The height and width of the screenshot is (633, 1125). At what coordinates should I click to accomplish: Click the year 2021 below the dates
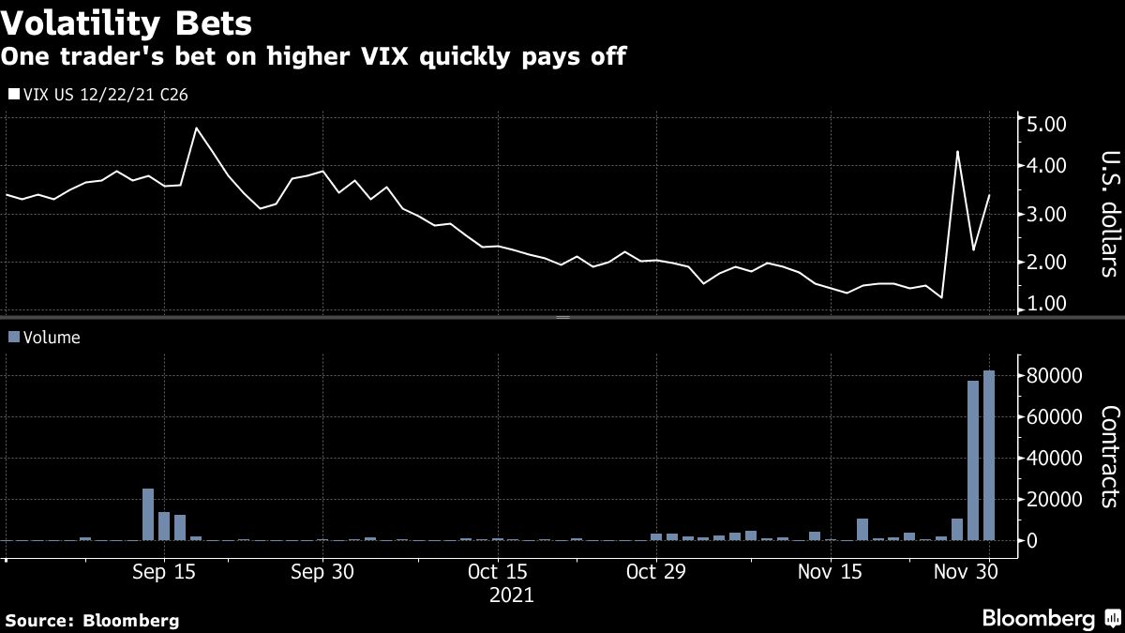(x=512, y=595)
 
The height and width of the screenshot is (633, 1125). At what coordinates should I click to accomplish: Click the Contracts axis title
(x=1110, y=457)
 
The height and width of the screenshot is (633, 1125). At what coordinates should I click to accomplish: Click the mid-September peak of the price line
(x=196, y=128)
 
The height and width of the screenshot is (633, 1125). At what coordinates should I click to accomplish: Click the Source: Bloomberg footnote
(x=92, y=620)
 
